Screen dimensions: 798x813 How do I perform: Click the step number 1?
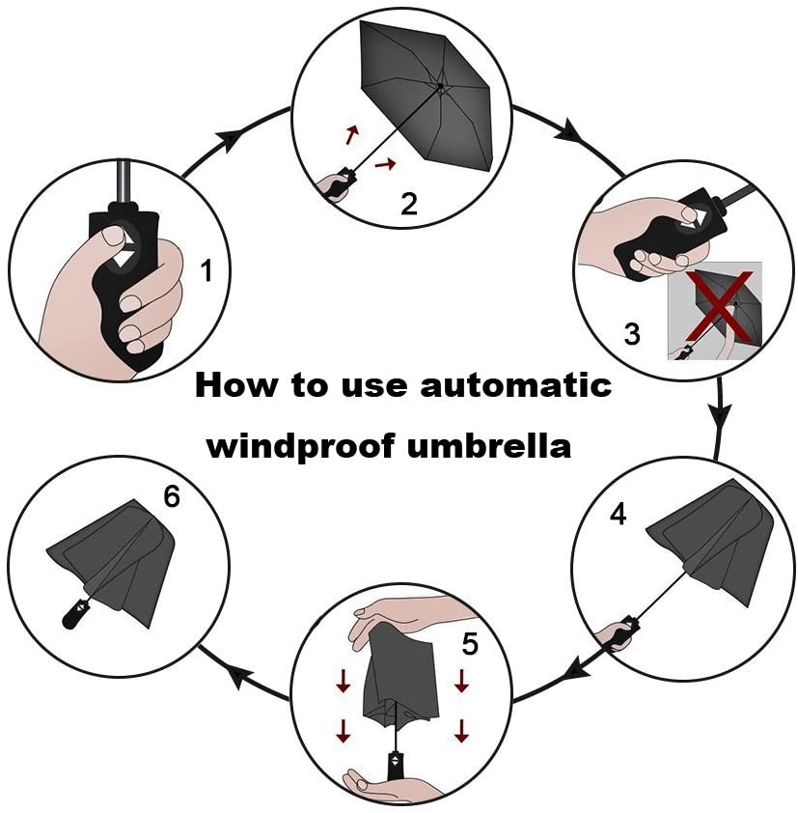tap(206, 270)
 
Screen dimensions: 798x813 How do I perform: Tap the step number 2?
tap(409, 204)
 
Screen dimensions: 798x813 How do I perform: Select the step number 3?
tap(632, 334)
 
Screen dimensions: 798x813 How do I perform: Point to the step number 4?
tap(618, 515)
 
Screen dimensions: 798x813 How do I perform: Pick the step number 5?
tap(470, 644)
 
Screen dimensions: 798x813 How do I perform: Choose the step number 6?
tap(172, 496)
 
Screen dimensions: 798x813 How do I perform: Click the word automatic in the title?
tap(515, 386)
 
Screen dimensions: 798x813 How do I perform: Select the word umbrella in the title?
tap(488, 445)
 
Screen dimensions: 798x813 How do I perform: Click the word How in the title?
tap(235, 386)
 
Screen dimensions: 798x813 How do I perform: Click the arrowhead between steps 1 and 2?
tap(229, 139)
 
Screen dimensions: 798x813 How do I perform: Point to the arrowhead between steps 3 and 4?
tap(720, 414)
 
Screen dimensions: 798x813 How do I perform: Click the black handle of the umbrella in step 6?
tap(74, 613)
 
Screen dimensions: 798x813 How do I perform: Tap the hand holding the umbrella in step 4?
tap(615, 634)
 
